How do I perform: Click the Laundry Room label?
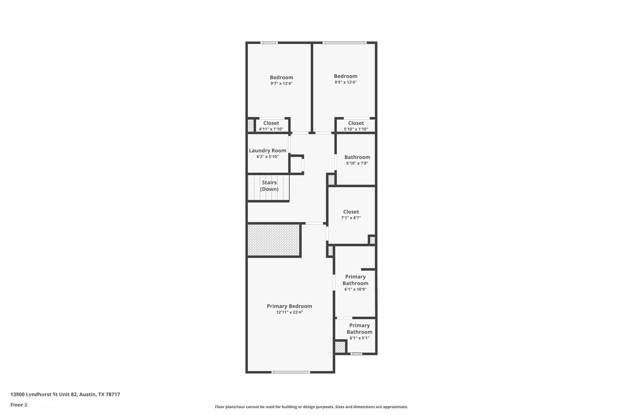[267, 150]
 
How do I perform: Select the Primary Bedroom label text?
[289, 306]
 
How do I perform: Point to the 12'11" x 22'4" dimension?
[289, 312]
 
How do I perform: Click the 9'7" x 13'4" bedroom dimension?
[281, 83]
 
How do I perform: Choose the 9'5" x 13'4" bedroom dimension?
[346, 82]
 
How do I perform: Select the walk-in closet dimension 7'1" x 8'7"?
[351, 218]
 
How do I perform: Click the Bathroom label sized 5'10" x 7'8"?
[357, 157]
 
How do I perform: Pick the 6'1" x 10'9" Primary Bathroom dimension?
[355, 289]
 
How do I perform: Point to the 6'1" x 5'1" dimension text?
[359, 338]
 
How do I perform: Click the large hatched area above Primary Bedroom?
[274, 240]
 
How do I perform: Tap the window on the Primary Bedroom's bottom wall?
[291, 372]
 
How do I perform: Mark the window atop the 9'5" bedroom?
[344, 42]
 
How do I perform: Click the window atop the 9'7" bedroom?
[269, 42]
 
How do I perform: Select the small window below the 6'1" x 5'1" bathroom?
[356, 354]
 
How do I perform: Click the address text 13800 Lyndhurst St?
[65, 394]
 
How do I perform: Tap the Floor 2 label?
[19, 405]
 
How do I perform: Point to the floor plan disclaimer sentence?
[311, 407]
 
